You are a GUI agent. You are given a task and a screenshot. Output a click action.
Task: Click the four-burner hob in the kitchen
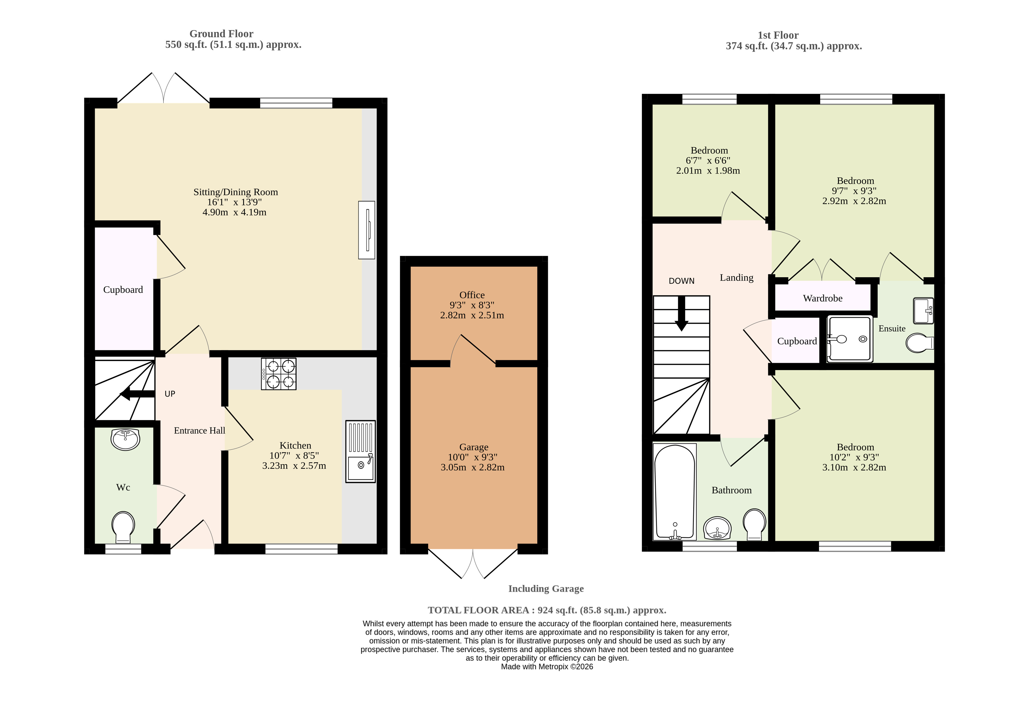[x=278, y=374]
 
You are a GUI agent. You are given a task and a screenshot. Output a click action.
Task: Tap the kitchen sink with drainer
[x=361, y=451]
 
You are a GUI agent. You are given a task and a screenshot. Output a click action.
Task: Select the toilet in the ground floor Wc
[x=123, y=528]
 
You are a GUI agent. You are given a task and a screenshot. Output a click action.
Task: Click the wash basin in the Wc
[x=126, y=439]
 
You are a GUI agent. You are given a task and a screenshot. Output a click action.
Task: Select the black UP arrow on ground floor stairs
[x=137, y=394]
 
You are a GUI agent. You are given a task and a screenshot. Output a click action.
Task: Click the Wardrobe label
[x=823, y=298]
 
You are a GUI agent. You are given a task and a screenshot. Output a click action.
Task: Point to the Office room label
[x=472, y=295]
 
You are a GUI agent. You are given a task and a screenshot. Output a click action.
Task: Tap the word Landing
[x=736, y=278]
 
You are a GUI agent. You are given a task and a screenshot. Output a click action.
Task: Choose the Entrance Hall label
[x=199, y=430]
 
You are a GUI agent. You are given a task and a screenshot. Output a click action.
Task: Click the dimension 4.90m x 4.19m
[x=234, y=212]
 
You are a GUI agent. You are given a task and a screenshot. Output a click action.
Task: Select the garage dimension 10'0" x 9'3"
[x=472, y=457]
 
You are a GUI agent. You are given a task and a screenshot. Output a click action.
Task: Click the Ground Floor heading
[x=221, y=34]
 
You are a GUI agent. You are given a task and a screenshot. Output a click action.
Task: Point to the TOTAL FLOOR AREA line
[x=547, y=610]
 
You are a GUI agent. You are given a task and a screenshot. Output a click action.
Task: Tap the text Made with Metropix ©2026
[x=547, y=666]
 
